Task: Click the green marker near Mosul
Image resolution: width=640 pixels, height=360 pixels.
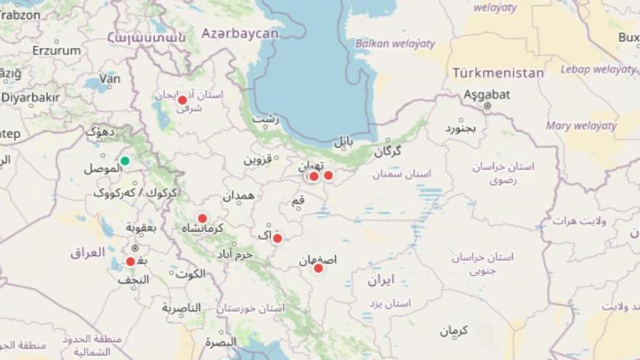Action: [125, 161]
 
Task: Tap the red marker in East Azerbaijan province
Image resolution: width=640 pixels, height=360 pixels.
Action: [183, 100]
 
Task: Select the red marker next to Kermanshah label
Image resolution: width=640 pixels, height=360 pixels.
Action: [202, 218]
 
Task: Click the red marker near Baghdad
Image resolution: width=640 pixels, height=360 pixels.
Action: [130, 262]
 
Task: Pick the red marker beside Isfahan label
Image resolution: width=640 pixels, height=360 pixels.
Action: [318, 268]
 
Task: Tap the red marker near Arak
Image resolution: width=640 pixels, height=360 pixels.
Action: [277, 238]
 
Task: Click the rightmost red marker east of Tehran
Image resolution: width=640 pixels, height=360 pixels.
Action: [328, 175]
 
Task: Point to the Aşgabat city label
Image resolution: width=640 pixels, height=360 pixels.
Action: [487, 94]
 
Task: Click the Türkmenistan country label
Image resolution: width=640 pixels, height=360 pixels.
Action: [497, 73]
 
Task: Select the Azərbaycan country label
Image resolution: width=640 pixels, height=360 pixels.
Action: [240, 33]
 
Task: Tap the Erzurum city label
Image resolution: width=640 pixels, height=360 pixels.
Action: [56, 51]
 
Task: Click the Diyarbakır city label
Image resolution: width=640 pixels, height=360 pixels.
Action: [29, 97]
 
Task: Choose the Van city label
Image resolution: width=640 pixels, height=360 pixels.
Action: [109, 78]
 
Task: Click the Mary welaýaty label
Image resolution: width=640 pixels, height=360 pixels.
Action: [582, 125]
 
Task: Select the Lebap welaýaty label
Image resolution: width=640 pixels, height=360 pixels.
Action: [598, 69]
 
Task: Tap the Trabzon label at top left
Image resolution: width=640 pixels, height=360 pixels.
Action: [20, 14]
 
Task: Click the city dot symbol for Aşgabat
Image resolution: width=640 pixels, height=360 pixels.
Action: [487, 106]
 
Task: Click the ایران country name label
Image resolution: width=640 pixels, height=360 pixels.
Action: [380, 279]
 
